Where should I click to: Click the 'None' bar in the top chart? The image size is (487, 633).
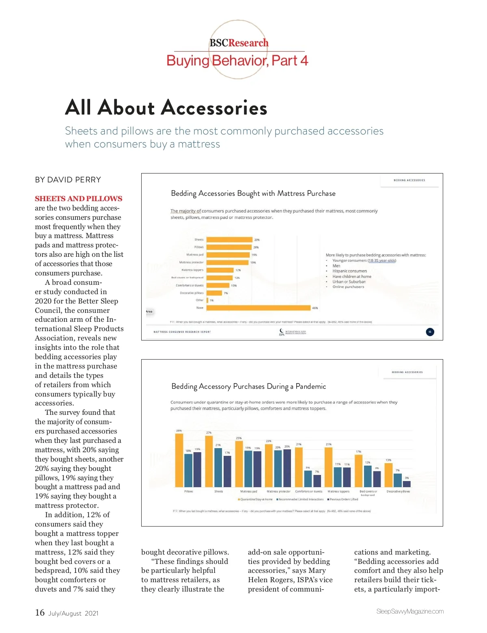[259, 308]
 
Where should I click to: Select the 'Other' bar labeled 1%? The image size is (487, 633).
[207, 300]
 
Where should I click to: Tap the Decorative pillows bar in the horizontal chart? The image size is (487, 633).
[214, 293]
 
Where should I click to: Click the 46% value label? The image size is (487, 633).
[315, 308]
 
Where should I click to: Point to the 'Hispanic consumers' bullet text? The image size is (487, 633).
[349, 271]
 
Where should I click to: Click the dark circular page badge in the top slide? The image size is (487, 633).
[430, 332]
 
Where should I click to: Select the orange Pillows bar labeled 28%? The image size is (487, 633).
[179, 460]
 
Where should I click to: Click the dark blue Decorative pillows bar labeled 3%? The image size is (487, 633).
[407, 484]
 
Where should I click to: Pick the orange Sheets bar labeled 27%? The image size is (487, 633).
[209, 461]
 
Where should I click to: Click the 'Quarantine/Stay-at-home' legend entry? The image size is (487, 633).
[256, 499]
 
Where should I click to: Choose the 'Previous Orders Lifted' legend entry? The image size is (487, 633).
[343, 499]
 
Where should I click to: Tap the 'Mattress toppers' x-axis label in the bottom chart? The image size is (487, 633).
[338, 492]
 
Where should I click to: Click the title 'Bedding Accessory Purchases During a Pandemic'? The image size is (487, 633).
[248, 386]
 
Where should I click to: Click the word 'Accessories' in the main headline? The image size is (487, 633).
[214, 108]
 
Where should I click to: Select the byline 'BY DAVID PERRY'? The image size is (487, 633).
[68, 180]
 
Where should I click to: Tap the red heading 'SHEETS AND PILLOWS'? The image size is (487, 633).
[78, 199]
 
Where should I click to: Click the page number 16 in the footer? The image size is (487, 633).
[40, 612]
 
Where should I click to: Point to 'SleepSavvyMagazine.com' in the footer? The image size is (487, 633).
[410, 611]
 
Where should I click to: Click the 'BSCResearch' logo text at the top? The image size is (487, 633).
[239, 43]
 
